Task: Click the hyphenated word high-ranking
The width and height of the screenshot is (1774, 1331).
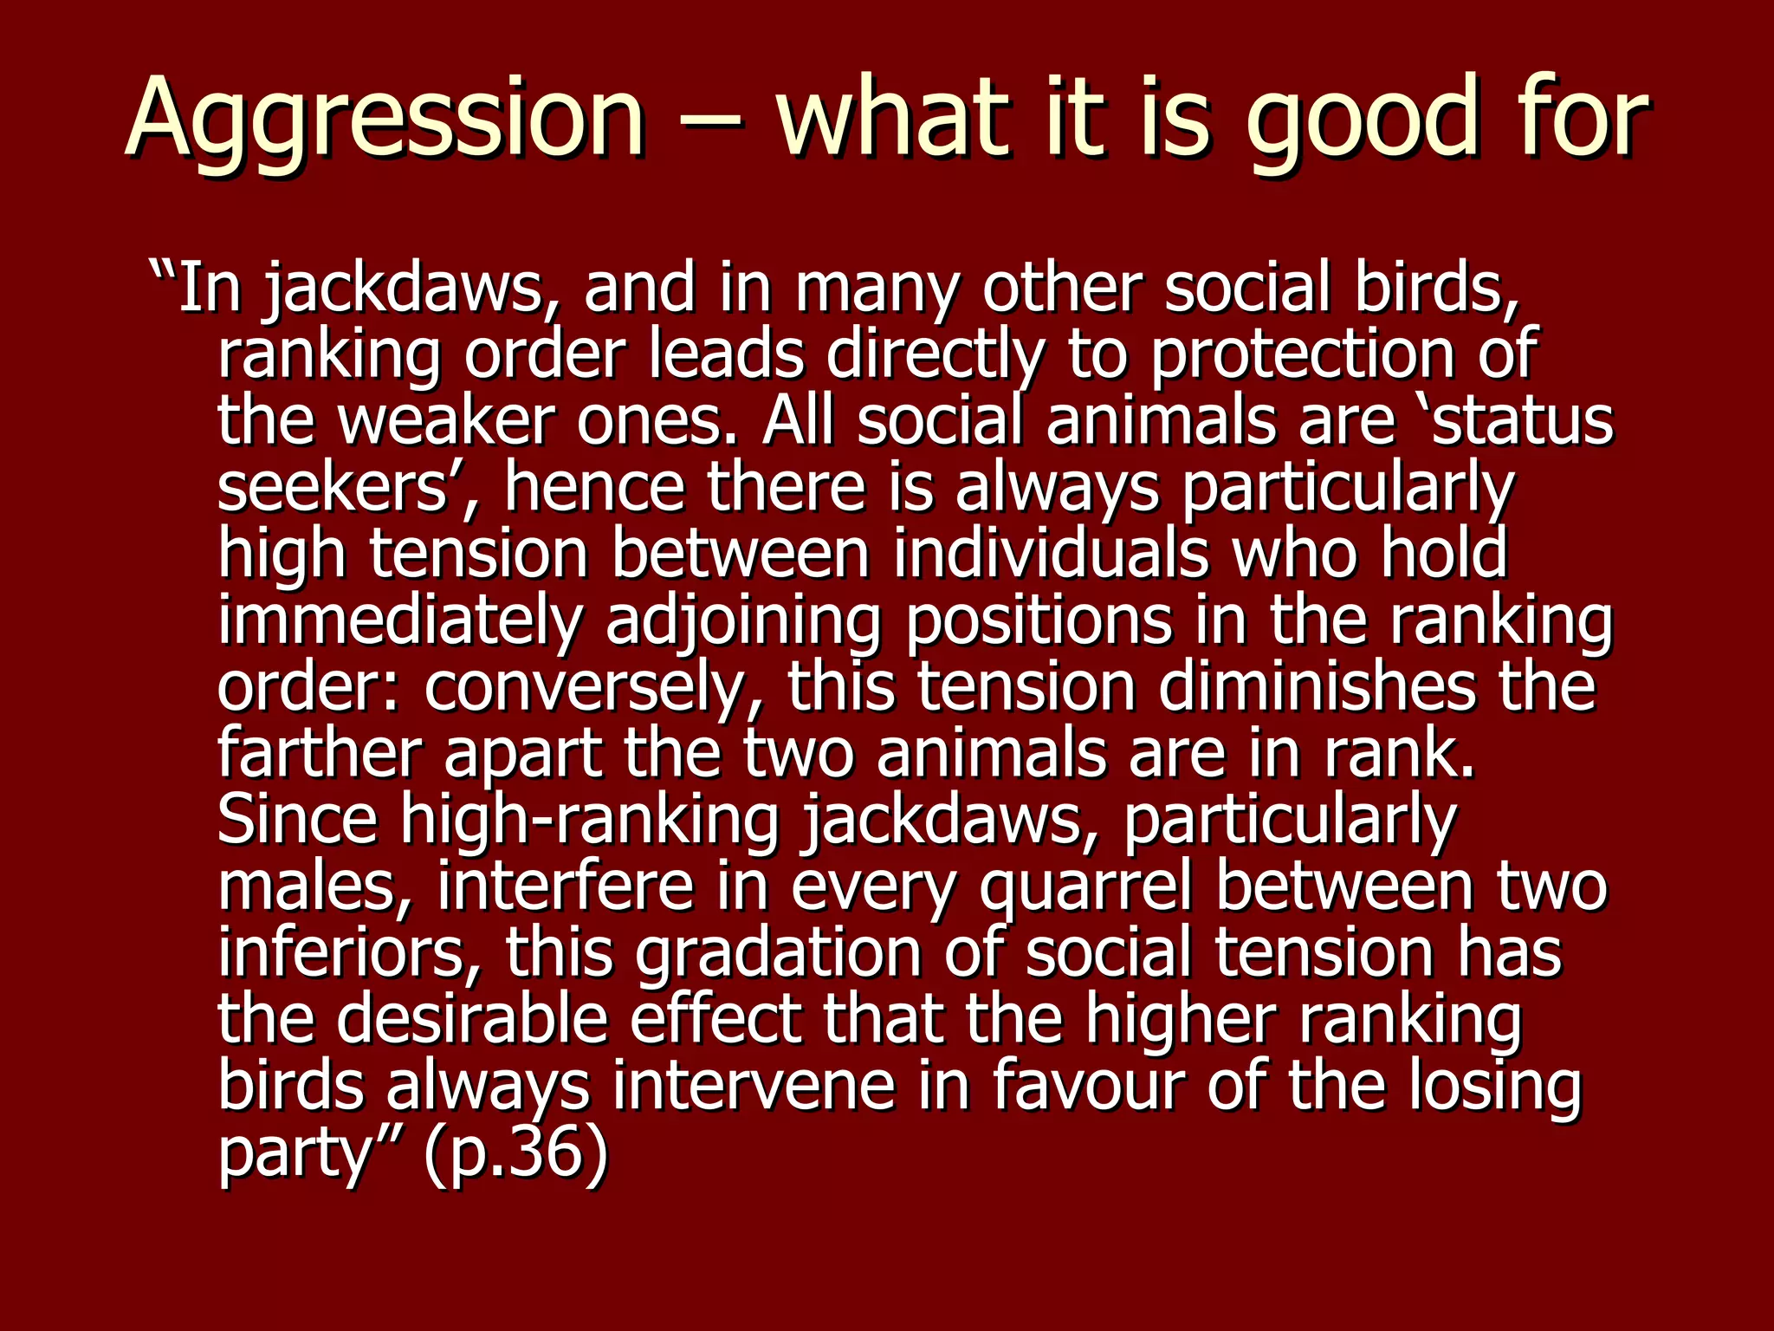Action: click(589, 821)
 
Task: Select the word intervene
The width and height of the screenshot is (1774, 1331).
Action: click(754, 1087)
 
